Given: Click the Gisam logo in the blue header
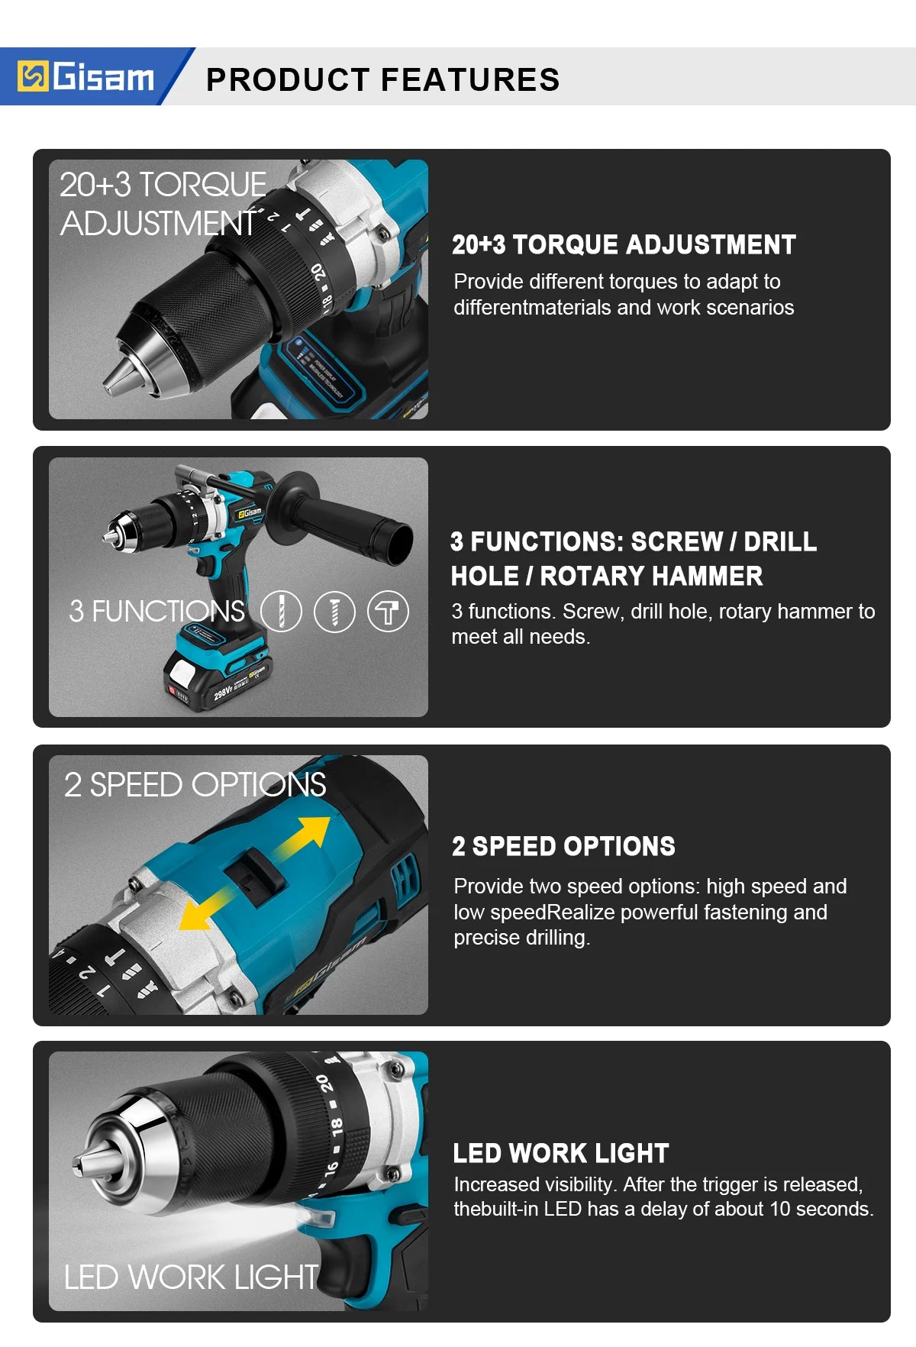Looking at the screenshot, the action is click(x=85, y=76).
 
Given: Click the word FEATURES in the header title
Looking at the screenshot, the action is click(x=470, y=79).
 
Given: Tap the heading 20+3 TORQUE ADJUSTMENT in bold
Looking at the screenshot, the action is click(x=624, y=244).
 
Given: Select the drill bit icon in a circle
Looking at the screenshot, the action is click(x=281, y=612).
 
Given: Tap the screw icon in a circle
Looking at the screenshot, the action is click(x=334, y=612).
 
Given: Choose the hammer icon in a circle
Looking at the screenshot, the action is click(x=388, y=612).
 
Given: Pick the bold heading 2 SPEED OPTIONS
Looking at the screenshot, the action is click(x=563, y=846).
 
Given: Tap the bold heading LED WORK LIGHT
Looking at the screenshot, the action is click(x=561, y=1153).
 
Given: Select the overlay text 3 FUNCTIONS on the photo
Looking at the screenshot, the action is click(x=156, y=611).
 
